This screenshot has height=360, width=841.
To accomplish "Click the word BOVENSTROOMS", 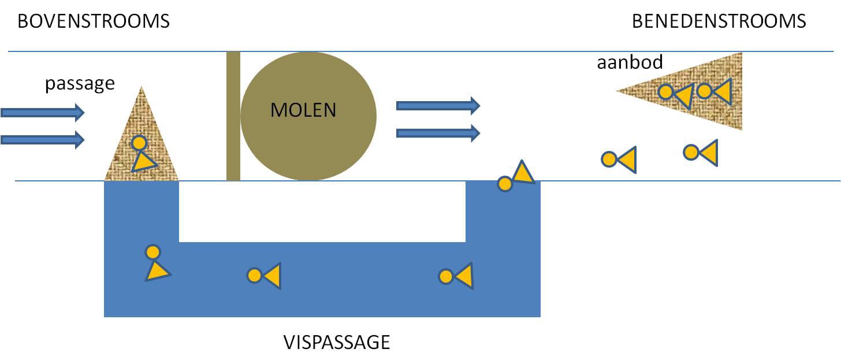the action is click(x=94, y=21).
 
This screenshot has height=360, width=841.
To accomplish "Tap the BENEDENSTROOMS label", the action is click(x=719, y=21).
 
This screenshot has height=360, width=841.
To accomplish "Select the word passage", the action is click(x=80, y=83).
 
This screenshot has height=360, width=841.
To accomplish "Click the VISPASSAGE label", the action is click(x=337, y=342).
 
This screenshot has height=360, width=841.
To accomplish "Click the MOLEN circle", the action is click(x=308, y=116).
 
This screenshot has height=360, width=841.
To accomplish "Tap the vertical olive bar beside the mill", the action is click(x=233, y=116).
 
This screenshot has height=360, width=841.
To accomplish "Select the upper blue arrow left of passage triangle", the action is click(x=42, y=112).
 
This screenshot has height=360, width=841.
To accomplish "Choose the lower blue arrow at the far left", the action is click(x=42, y=140).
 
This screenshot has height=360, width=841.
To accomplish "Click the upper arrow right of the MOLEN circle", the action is click(x=438, y=106).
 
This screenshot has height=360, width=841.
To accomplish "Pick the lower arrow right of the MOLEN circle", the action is click(x=438, y=133).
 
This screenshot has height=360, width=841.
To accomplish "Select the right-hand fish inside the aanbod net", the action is click(x=715, y=91).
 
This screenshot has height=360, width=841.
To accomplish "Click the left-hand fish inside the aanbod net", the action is click(x=675, y=95).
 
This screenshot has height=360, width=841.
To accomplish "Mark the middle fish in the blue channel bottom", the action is click(x=264, y=276).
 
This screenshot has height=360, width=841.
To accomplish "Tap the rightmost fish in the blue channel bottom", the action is click(x=455, y=276).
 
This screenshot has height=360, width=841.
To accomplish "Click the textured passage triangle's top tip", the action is click(x=141, y=87).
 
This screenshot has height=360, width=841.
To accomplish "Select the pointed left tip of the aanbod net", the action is click(x=616, y=91).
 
